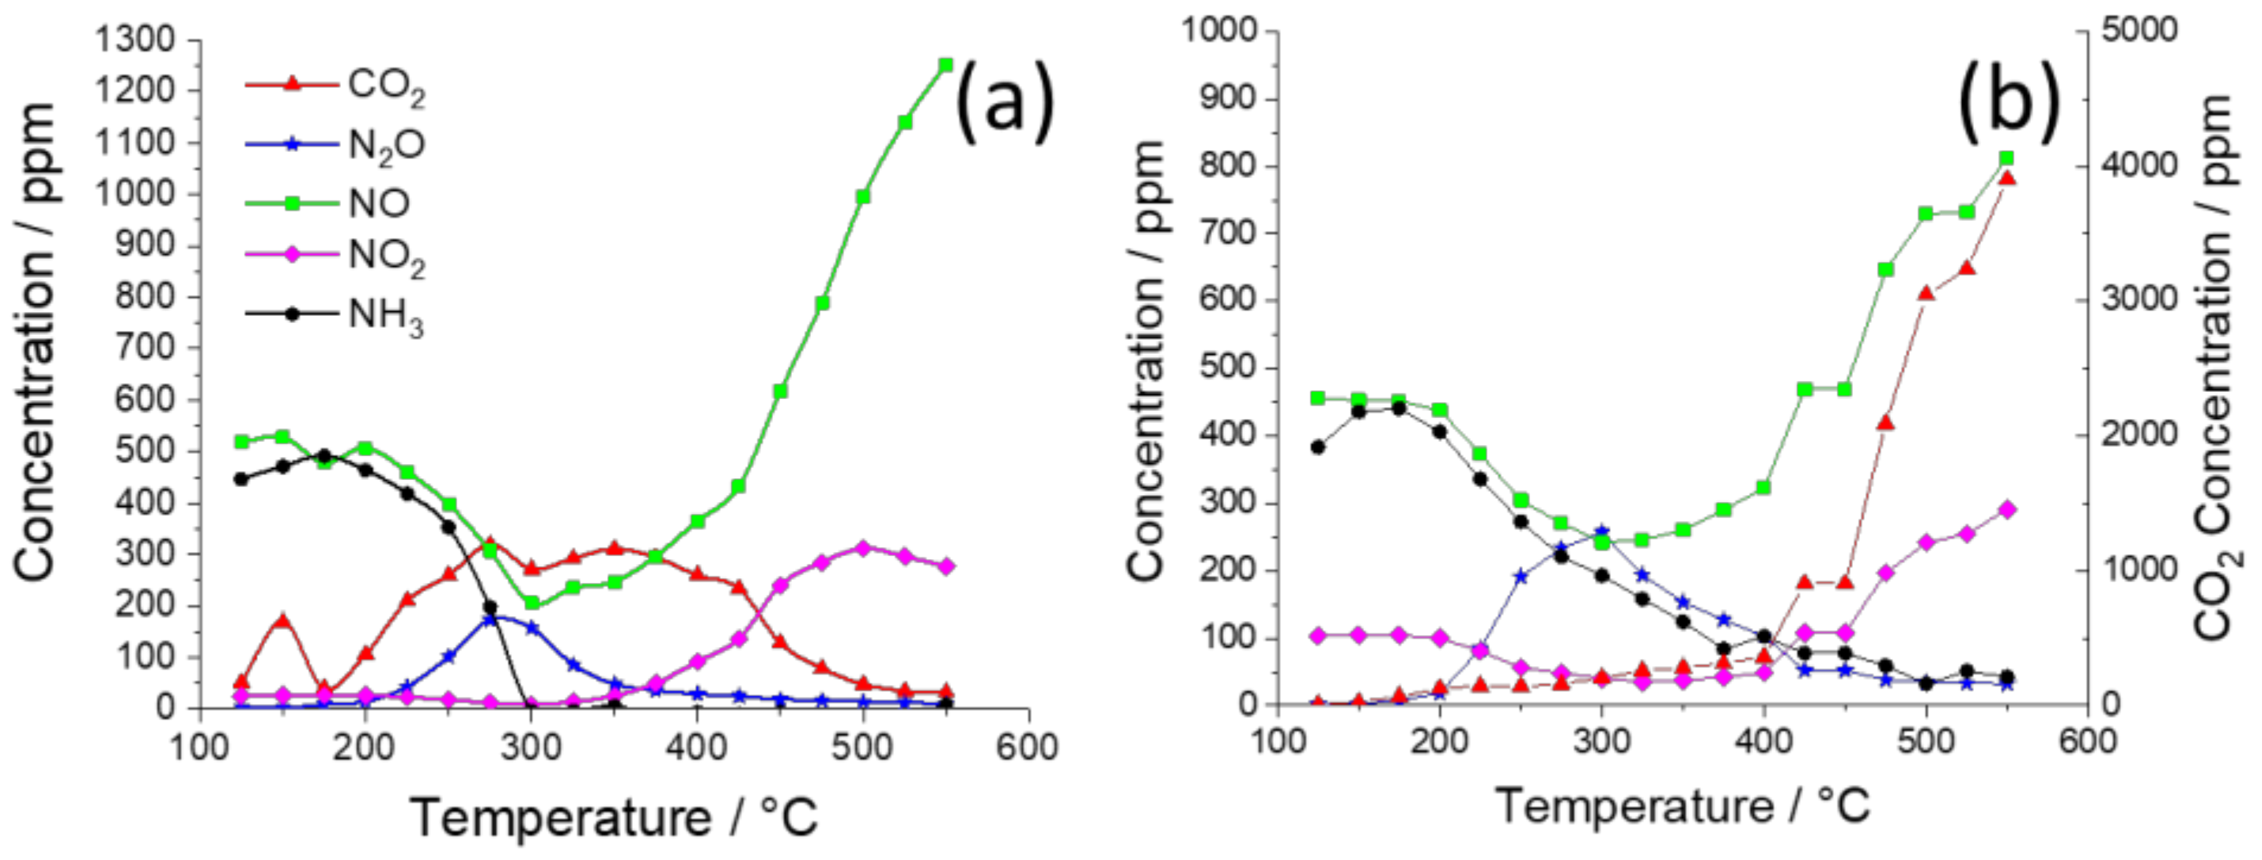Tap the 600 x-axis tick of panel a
pyautogui.click(x=1029, y=748)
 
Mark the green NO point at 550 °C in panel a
pyautogui.click(x=945, y=64)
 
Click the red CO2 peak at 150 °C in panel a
pyautogui.click(x=282, y=620)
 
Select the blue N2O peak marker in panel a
pyautogui.click(x=490, y=619)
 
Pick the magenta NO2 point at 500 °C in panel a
pyautogui.click(x=862, y=548)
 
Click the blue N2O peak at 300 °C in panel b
pyautogui.click(x=1601, y=531)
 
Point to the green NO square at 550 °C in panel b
pyautogui.click(x=2006, y=158)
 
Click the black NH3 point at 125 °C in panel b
pyautogui.click(x=1317, y=447)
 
